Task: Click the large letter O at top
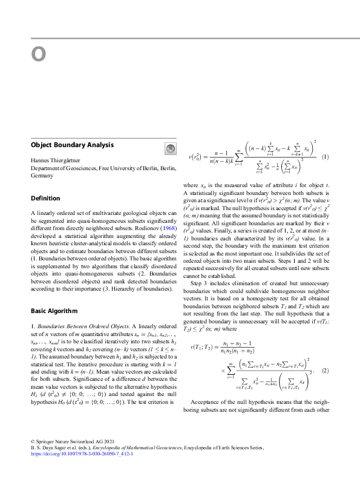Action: [x=39, y=55]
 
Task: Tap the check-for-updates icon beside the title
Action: [x=170, y=148]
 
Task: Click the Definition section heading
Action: [x=45, y=198]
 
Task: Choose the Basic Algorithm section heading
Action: [x=54, y=311]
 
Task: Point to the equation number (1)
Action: [x=324, y=157]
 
